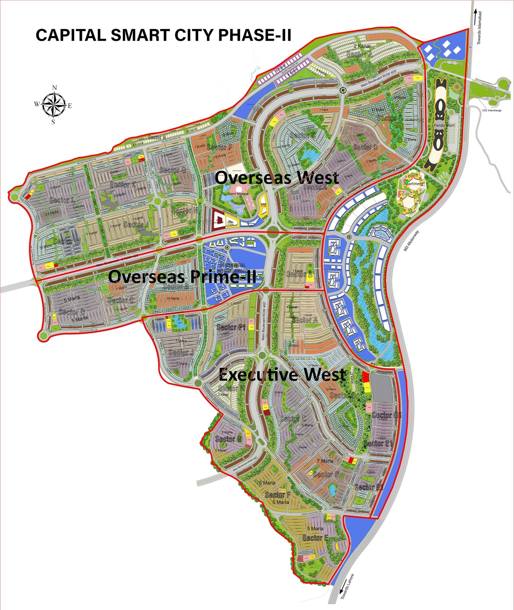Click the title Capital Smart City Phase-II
point(163,35)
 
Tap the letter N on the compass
point(55,88)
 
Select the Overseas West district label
point(277,178)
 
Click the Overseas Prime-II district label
point(182,277)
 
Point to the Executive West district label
point(282,374)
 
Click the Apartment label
point(413,184)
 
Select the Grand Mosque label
point(238,194)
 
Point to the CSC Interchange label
point(492,110)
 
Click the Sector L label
point(62,200)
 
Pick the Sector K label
point(122,184)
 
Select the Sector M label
point(67,241)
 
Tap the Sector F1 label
point(231,327)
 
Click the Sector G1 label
point(387,415)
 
